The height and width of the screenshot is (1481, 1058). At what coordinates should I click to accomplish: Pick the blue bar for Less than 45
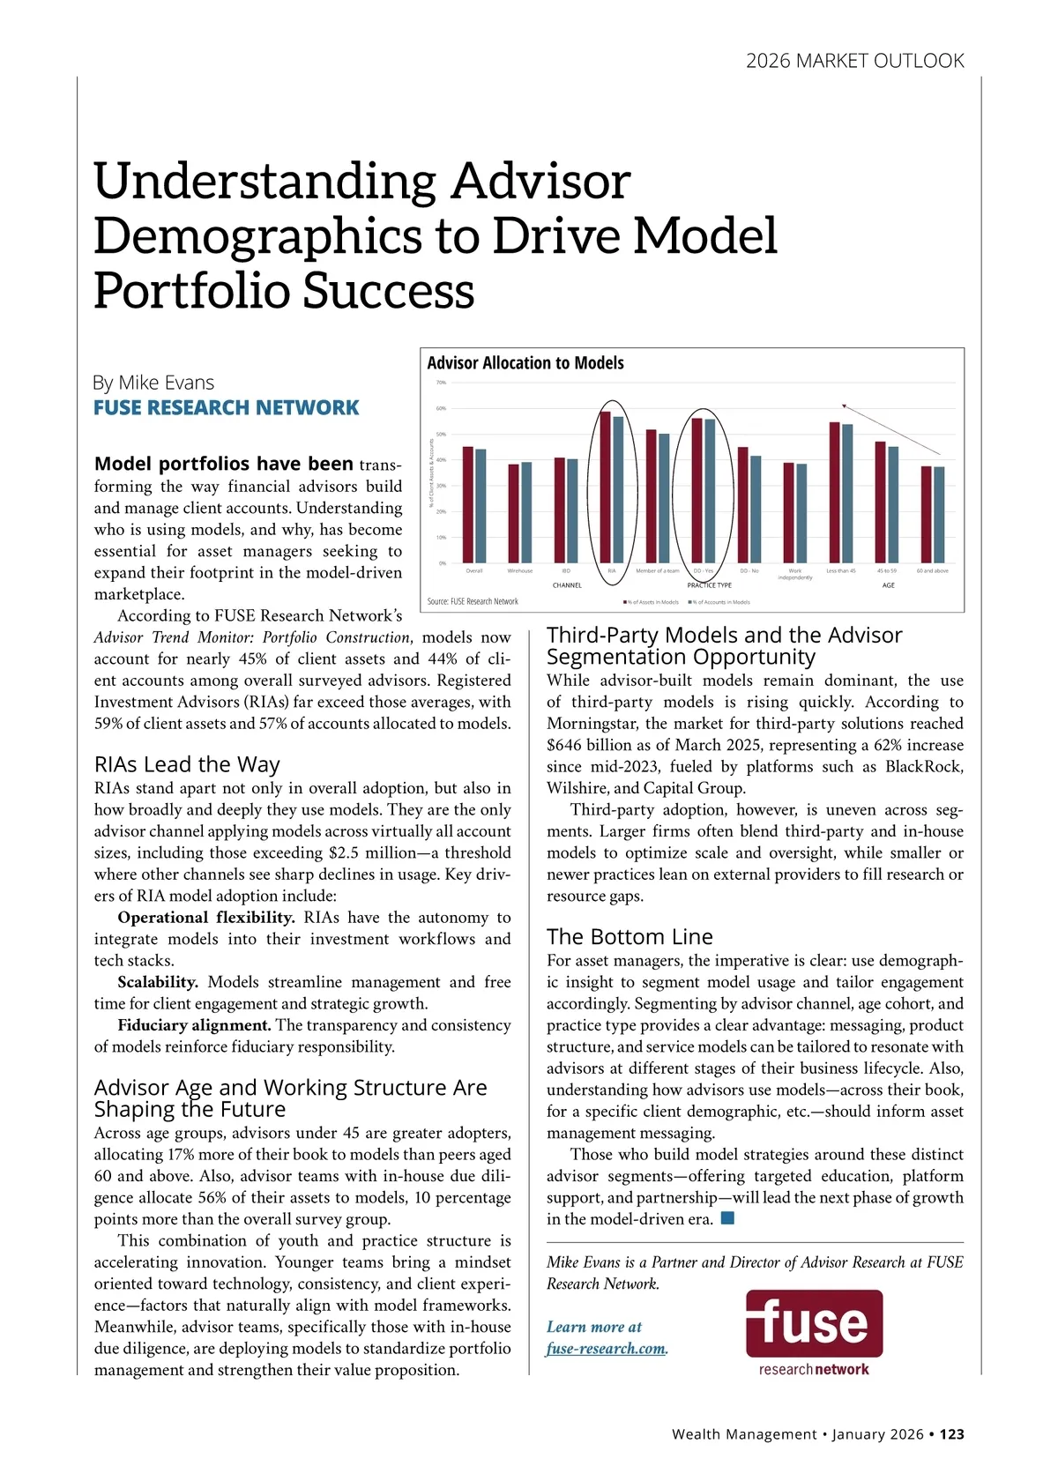(x=847, y=493)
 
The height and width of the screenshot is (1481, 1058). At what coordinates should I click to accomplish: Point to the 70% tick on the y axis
(x=442, y=383)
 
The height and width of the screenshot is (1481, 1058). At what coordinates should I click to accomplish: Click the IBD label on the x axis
(x=565, y=571)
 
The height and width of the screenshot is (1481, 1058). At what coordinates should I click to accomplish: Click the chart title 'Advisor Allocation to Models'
(x=525, y=363)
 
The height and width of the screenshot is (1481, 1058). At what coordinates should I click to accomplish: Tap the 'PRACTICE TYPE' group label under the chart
(x=709, y=585)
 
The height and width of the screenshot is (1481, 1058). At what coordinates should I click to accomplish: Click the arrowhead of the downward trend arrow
(x=844, y=406)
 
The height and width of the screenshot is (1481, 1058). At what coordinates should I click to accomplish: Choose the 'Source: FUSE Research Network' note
(x=473, y=601)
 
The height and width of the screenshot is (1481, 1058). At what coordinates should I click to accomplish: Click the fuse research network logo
(x=814, y=1331)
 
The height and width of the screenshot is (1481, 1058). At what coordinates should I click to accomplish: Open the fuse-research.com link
(x=607, y=1348)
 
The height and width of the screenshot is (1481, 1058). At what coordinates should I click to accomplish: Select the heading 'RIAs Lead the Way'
(x=187, y=764)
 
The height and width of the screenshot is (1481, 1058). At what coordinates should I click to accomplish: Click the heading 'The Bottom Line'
(x=630, y=936)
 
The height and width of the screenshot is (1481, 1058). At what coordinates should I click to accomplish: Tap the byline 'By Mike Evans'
(x=153, y=383)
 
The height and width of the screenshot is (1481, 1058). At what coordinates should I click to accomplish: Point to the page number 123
(x=951, y=1434)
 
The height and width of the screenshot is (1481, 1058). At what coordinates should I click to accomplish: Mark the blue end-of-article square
(x=727, y=1218)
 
